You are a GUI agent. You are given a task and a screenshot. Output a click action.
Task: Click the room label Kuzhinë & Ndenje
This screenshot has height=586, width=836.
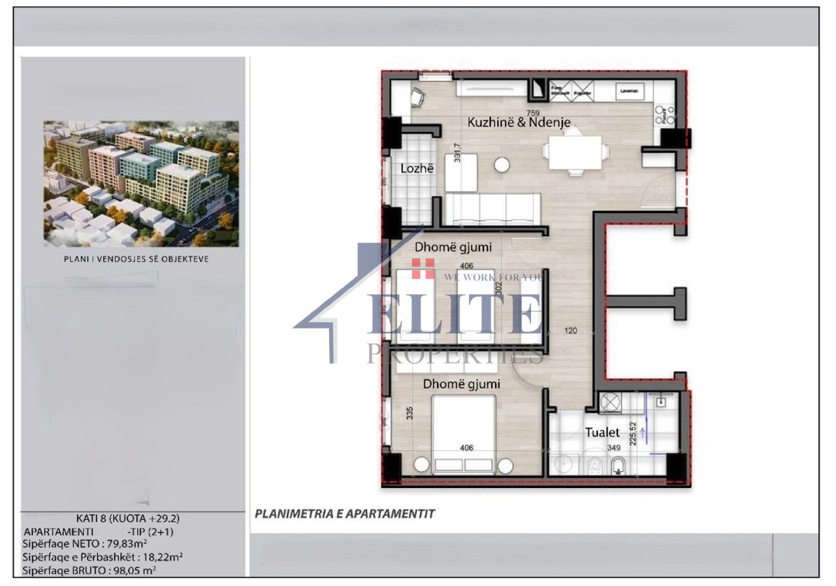(519, 122)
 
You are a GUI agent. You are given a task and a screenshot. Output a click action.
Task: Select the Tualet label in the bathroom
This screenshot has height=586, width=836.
(602, 432)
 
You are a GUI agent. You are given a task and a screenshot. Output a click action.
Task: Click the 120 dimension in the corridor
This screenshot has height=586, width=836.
(570, 331)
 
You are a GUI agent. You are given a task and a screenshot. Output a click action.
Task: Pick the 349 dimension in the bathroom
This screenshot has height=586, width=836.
(614, 448)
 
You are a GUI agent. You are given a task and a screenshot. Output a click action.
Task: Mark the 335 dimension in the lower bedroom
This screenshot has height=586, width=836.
(410, 414)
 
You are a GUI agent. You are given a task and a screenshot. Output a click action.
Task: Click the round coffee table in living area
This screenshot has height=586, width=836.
(502, 165)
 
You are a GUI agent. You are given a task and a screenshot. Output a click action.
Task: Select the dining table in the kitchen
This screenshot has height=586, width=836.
(575, 151)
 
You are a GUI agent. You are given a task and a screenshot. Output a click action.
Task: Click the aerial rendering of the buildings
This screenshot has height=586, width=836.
(141, 184)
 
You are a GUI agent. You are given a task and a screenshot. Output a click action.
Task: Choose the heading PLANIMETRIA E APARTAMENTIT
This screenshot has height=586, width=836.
(344, 514)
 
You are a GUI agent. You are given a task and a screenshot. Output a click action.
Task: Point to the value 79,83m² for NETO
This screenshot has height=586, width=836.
(126, 544)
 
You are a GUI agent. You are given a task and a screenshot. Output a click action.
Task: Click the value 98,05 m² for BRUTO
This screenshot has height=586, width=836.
(128, 570)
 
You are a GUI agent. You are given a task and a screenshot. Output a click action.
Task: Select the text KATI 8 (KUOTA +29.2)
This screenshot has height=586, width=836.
(123, 519)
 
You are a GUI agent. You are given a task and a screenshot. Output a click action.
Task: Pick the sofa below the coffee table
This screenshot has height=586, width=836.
(492, 208)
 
